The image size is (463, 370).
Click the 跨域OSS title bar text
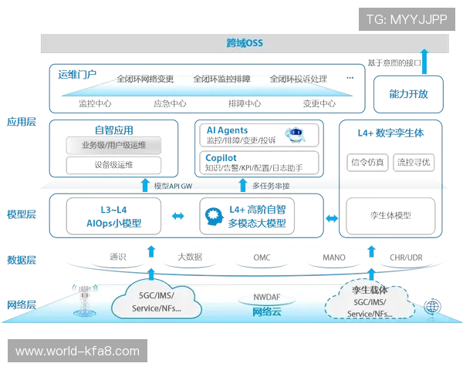click(x=245, y=42)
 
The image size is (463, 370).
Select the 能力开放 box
click(x=407, y=92)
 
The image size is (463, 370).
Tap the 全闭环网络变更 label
click(x=144, y=79)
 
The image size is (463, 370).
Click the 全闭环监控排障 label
click(x=221, y=79)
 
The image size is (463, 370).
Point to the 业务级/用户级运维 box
click(x=113, y=145)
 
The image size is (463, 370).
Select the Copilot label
click(x=221, y=157)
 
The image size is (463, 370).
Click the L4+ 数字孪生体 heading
click(x=391, y=133)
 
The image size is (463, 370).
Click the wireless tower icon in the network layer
click(x=82, y=302)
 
